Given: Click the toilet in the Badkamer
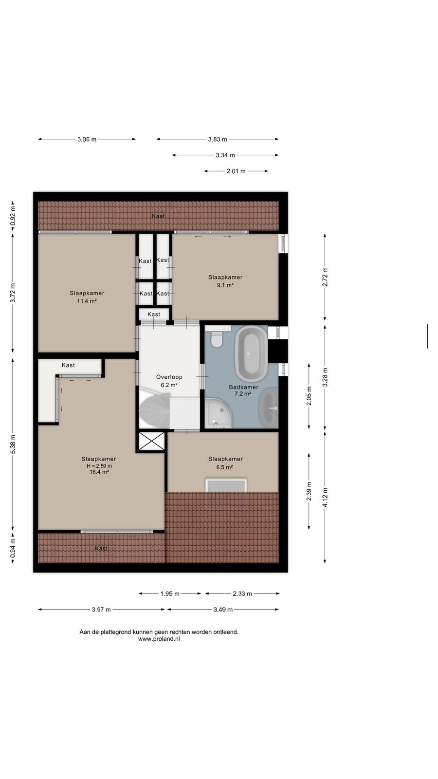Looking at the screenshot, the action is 217,338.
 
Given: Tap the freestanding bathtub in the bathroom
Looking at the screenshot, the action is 251,353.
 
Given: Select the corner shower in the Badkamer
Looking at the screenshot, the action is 219,413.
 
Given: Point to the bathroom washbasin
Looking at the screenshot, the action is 269,408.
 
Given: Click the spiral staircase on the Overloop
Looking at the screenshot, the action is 155,410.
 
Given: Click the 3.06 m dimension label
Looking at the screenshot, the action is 87,139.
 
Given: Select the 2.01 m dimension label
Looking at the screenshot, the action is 236,171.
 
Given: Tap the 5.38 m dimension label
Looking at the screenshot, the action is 13,444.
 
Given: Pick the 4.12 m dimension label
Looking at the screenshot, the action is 325,497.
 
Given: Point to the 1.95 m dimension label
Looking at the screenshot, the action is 170,594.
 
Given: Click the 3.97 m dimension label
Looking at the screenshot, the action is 101,609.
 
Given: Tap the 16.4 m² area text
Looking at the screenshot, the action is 99,472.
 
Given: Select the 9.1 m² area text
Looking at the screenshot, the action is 225,285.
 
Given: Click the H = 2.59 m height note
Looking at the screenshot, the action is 99,466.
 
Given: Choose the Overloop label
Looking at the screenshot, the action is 169,377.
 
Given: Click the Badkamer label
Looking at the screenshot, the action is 243,387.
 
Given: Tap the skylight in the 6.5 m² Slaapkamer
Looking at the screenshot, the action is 226,485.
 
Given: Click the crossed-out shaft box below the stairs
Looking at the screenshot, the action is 151,442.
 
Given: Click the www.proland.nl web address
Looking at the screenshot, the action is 159,639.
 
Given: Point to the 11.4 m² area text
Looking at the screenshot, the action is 87,301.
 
